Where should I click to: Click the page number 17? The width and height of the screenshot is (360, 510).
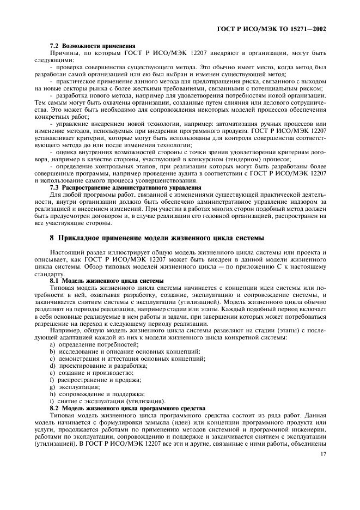(x=323, y=454)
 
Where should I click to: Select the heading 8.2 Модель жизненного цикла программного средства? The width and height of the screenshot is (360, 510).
(x=127, y=408)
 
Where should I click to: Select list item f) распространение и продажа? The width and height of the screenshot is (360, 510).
(x=99, y=379)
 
